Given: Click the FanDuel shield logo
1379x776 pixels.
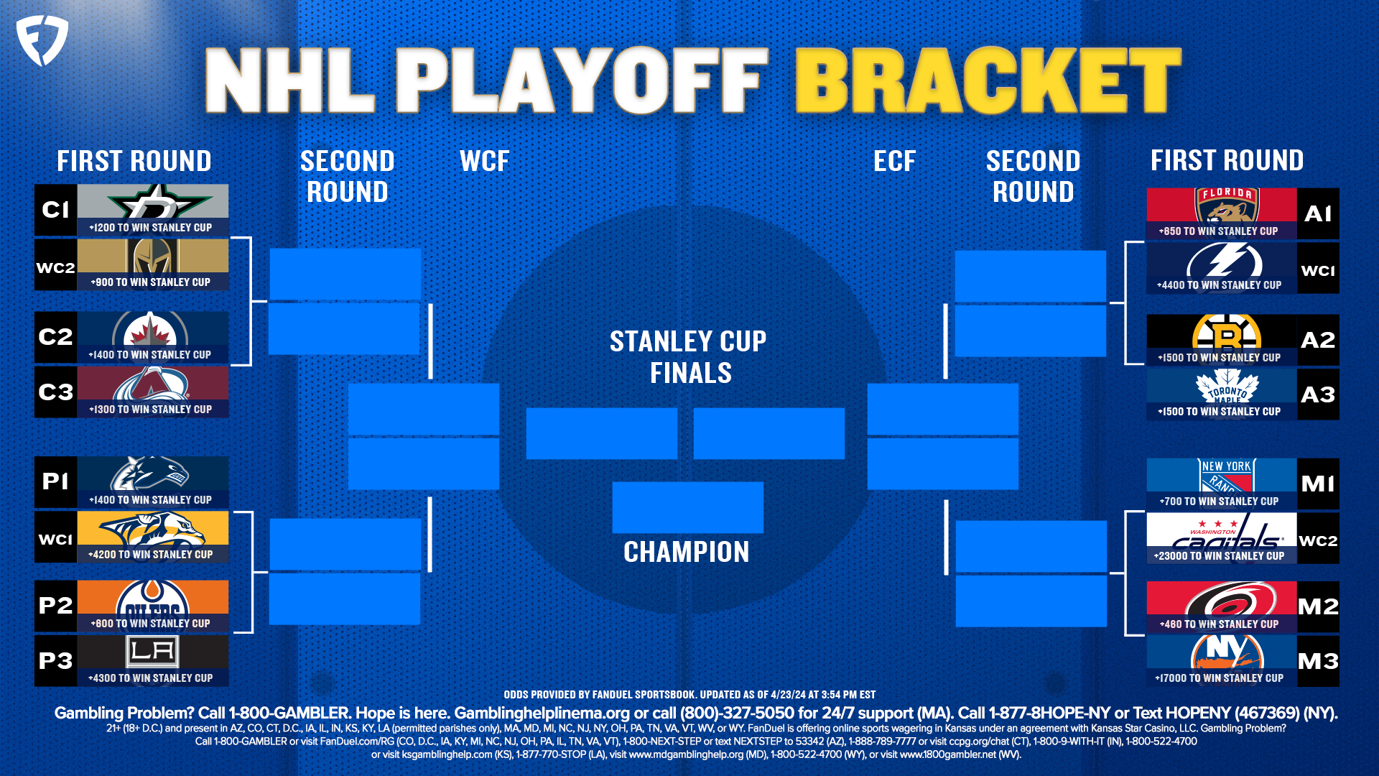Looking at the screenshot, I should point(42,40).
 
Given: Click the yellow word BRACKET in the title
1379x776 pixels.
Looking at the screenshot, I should point(988,80).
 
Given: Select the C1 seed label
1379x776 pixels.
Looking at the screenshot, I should point(55,210).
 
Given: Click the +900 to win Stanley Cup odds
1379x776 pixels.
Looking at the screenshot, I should point(151,282).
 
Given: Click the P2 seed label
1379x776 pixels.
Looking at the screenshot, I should point(55,606).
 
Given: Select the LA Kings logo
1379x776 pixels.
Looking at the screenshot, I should point(152,651).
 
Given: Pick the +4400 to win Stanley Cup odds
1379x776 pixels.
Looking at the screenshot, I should point(1219,285).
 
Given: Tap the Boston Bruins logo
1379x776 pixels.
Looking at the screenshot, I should point(1226,333).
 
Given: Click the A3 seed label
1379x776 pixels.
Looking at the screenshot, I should point(1317,394).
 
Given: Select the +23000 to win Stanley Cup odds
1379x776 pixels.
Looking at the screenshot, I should point(1219,556).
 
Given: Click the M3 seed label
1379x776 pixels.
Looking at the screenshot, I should point(1317,661).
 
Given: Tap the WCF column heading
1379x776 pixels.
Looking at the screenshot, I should point(485,161).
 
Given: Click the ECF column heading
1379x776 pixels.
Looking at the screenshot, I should point(894,161).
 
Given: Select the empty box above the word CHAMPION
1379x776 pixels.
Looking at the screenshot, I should point(687,507).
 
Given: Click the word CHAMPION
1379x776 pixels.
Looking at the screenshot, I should point(686,552).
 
